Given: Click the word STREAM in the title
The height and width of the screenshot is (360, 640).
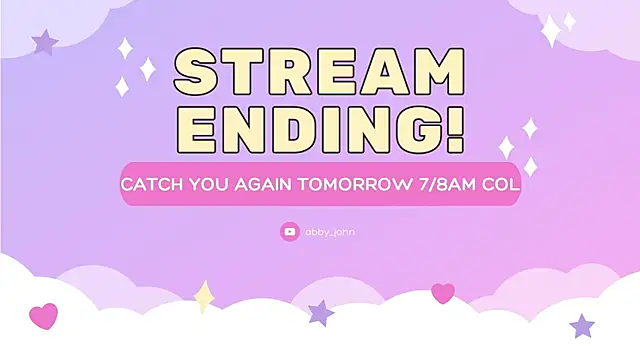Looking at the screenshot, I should pyautogui.click(x=319, y=76).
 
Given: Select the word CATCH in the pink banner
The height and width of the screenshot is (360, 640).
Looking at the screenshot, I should pyautogui.click(x=149, y=186).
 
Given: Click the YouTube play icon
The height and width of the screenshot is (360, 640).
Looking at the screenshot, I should pyautogui.click(x=290, y=232).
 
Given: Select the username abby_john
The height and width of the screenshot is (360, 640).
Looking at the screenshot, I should pyautogui.click(x=330, y=232).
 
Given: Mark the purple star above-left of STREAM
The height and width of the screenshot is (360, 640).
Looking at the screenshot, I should pyautogui.click(x=44, y=42).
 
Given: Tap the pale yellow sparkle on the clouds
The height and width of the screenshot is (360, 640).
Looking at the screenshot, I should pyautogui.click(x=204, y=296).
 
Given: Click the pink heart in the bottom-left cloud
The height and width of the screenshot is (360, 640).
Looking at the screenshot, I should pyautogui.click(x=43, y=317).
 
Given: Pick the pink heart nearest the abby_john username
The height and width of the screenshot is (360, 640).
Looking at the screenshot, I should pyautogui.click(x=442, y=293).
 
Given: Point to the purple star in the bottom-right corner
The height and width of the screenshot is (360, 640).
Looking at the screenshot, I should pyautogui.click(x=582, y=325).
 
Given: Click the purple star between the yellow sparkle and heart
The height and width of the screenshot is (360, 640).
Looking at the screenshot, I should pyautogui.click(x=321, y=313).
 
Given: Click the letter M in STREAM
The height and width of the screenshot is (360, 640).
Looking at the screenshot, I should pyautogui.click(x=438, y=76).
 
